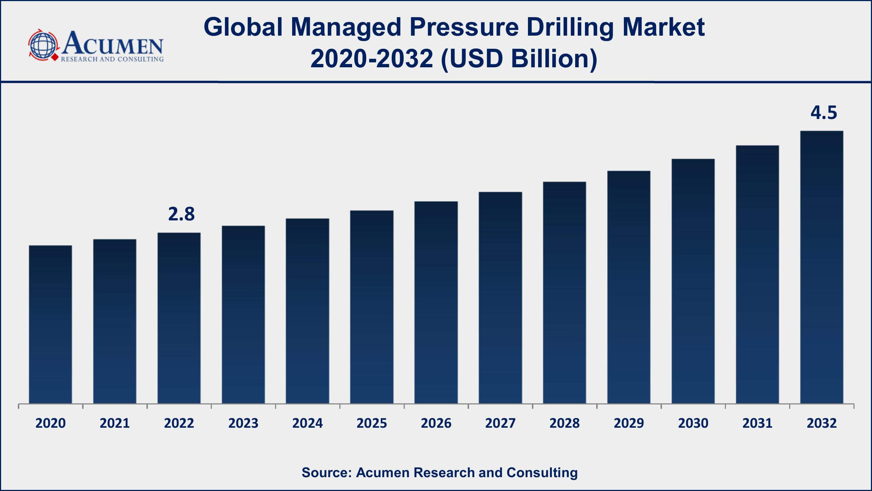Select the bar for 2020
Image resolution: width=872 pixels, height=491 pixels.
(x=51, y=324)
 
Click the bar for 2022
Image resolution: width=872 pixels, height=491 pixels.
(x=179, y=318)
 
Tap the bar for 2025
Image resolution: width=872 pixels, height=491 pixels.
(x=372, y=307)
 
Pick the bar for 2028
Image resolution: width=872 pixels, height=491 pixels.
(x=564, y=292)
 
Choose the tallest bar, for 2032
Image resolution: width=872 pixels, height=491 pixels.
(x=821, y=267)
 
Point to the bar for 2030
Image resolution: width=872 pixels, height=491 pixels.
(x=693, y=281)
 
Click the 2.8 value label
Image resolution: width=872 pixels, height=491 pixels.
(x=181, y=214)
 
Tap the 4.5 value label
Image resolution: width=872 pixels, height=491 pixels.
(x=824, y=113)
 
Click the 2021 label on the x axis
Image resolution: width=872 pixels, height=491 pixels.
(x=115, y=423)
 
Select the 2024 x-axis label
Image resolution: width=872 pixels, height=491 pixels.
(x=307, y=423)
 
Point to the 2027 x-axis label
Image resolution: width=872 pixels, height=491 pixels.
(x=500, y=423)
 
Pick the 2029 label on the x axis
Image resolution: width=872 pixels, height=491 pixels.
(x=629, y=423)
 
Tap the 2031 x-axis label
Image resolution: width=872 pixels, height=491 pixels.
(x=757, y=423)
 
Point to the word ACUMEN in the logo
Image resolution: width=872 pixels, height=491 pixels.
(x=113, y=44)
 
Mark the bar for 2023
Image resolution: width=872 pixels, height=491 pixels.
(x=243, y=315)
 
